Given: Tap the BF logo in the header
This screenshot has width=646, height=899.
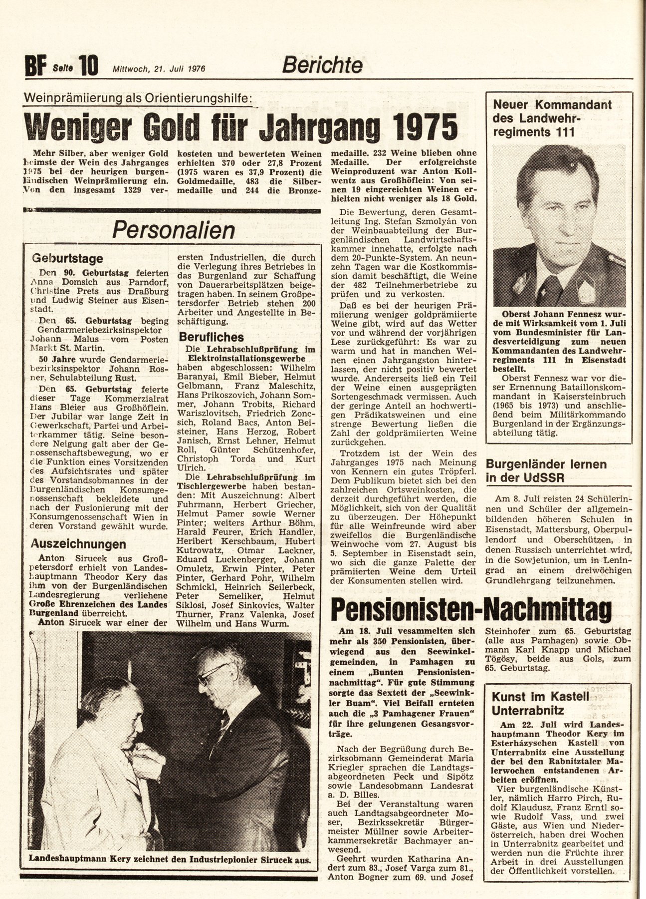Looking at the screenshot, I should (x=34, y=65).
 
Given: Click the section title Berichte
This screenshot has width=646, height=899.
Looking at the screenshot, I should (x=322, y=64).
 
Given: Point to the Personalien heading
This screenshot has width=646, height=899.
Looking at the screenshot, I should (x=174, y=230).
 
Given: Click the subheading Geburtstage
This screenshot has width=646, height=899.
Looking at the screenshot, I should (x=68, y=259).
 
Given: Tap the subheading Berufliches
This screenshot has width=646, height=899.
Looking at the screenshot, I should (x=213, y=337).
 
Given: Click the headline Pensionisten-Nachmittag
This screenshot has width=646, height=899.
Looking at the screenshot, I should (x=471, y=608).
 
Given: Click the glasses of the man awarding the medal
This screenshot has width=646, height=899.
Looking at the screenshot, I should (x=213, y=673).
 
